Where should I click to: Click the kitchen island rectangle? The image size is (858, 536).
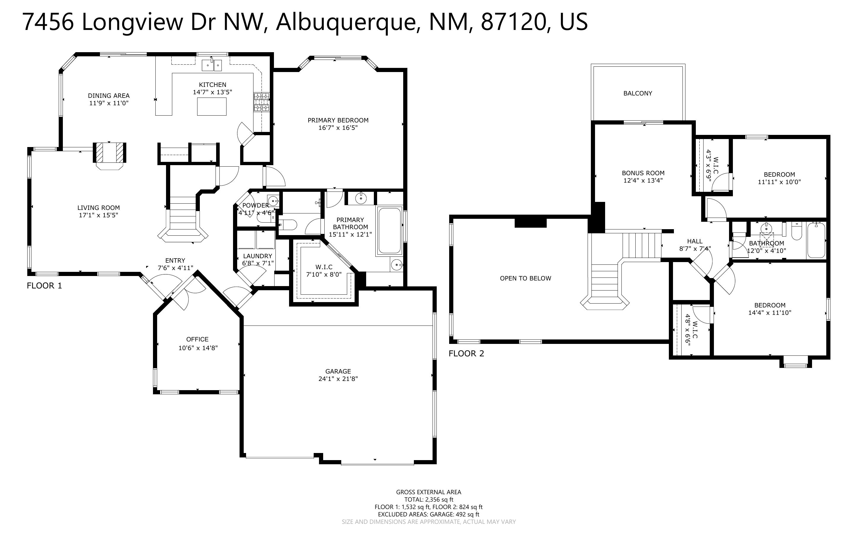pos(212,106)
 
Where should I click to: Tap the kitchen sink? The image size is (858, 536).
pos(212,65)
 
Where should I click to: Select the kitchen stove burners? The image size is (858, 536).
pos(261,102)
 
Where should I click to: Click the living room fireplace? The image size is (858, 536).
pos(109,153)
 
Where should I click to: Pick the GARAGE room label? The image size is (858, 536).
pos(338,371)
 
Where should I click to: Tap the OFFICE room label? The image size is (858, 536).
pos(197,339)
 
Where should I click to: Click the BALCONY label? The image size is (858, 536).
pos(637,93)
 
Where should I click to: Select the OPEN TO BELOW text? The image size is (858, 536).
pos(526,278)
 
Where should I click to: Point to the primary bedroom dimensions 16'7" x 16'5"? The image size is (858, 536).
pos(338,127)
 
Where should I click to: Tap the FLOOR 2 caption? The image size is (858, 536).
pos(466,353)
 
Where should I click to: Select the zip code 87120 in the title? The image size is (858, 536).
pos(513,22)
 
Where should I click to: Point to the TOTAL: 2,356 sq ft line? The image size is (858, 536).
pos(429,500)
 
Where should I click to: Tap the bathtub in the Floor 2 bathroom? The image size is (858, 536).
pos(816,240)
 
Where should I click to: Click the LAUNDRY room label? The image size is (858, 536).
pos(258,256)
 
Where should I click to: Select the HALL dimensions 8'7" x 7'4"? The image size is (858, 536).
pos(695,249)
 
